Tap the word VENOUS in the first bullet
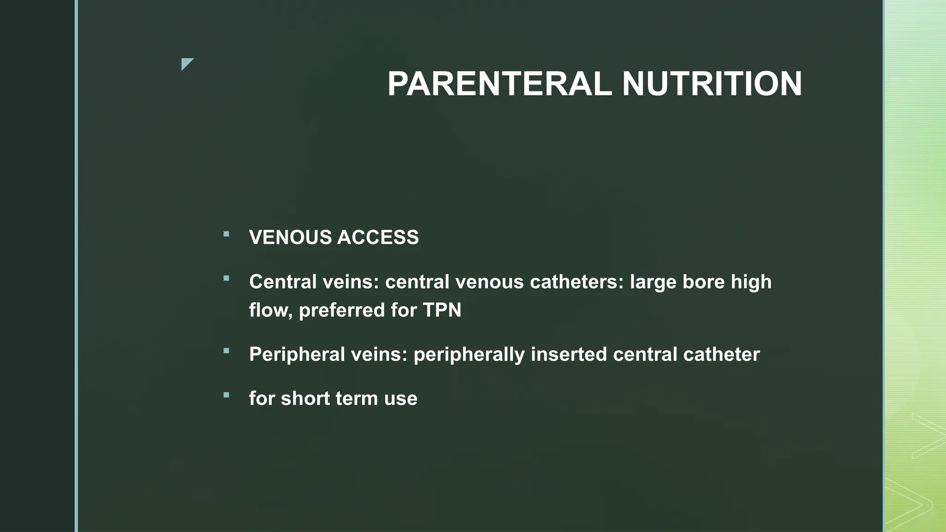pyautogui.click(x=290, y=237)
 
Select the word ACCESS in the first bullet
pyautogui.click(x=378, y=237)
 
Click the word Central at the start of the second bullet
pyautogui.click(x=283, y=282)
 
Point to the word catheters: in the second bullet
pyautogui.click(x=577, y=282)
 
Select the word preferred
pyautogui.click(x=341, y=310)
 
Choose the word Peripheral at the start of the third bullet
pyautogui.click(x=297, y=354)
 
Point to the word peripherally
pyautogui.click(x=469, y=355)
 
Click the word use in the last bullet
pyautogui.click(x=400, y=399)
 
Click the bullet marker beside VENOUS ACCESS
pyautogui.click(x=226, y=234)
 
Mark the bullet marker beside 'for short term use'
pyautogui.click(x=226, y=395)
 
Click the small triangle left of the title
pyautogui.click(x=186, y=63)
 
